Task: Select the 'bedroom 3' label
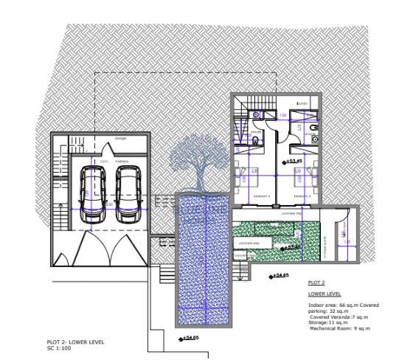click(x=302, y=196)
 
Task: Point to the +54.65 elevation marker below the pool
click(x=190, y=338)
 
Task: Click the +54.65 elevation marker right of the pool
click(x=280, y=276)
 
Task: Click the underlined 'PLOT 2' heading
click(x=316, y=283)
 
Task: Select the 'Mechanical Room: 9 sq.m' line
click(x=340, y=328)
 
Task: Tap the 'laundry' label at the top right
click(x=301, y=103)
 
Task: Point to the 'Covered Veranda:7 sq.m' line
click(x=341, y=316)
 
